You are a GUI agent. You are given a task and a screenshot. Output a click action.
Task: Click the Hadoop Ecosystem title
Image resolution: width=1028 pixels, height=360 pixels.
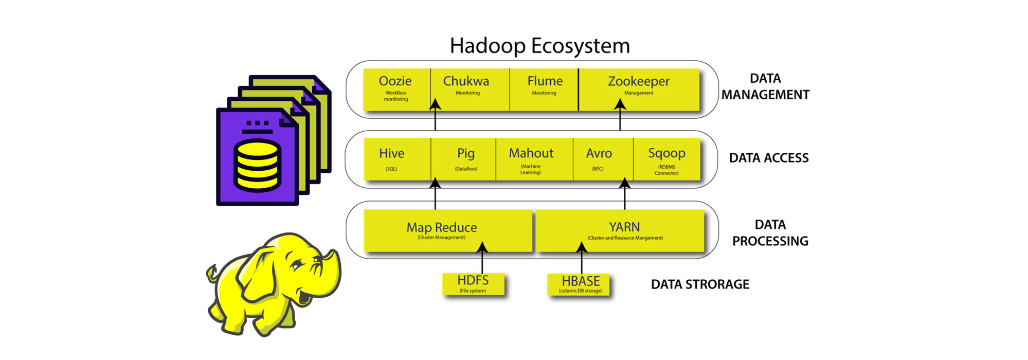539,46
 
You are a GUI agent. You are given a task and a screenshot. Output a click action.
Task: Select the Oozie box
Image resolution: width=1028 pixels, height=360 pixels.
395,89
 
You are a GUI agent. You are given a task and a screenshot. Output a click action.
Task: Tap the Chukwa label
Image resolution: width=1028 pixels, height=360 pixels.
466,81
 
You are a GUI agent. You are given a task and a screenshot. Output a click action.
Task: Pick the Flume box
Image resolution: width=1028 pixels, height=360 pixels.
545,89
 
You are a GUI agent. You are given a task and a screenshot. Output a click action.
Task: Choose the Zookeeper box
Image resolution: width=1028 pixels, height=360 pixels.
639,89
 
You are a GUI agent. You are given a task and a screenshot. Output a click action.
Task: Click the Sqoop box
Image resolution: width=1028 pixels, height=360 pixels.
666,159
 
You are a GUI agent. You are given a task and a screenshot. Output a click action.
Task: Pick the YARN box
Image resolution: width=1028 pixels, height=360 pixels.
624,230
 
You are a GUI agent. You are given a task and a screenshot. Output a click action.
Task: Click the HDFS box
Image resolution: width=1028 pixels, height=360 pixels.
473,284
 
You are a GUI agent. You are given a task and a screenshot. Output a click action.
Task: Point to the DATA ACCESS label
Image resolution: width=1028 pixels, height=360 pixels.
769,158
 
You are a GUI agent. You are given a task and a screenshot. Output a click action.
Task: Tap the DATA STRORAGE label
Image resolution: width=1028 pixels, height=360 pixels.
700,284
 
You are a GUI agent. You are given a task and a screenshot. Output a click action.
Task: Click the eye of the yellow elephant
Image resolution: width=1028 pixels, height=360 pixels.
297,265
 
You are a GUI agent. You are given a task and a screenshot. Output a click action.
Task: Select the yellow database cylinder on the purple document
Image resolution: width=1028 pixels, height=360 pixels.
257,166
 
